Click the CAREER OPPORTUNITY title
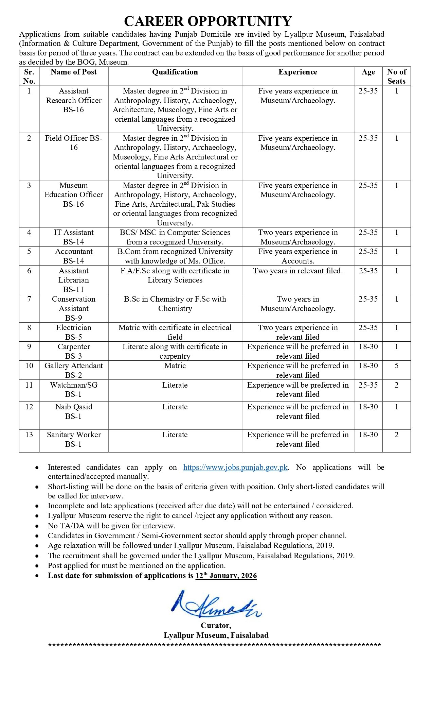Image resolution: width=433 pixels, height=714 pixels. click(208, 21)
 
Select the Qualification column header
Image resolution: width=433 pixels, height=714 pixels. click(175, 72)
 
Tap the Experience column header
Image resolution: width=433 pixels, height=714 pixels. click(297, 72)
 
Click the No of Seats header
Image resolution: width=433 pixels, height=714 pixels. click(396, 76)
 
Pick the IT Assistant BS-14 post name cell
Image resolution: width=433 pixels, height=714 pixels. click(74, 237)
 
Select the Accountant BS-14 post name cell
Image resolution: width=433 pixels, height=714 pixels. click(74, 256)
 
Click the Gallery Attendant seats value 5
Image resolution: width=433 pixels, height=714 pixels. click(396, 366)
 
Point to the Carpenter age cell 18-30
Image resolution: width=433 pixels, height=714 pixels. click(368, 347)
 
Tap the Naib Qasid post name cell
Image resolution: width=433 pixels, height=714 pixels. click(74, 411)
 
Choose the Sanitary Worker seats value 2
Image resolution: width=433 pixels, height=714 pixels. click(396, 435)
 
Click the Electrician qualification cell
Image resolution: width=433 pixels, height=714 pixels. click(175, 332)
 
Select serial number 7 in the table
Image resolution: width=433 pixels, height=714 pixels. click(29, 299)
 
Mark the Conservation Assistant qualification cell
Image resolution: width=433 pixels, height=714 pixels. click(175, 304)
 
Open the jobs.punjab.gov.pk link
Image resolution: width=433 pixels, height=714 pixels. click(235, 468)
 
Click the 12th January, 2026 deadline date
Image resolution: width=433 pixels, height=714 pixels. click(226, 576)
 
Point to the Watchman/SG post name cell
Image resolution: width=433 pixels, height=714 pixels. click(74, 390)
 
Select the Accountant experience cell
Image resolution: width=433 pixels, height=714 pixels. click(297, 256)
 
